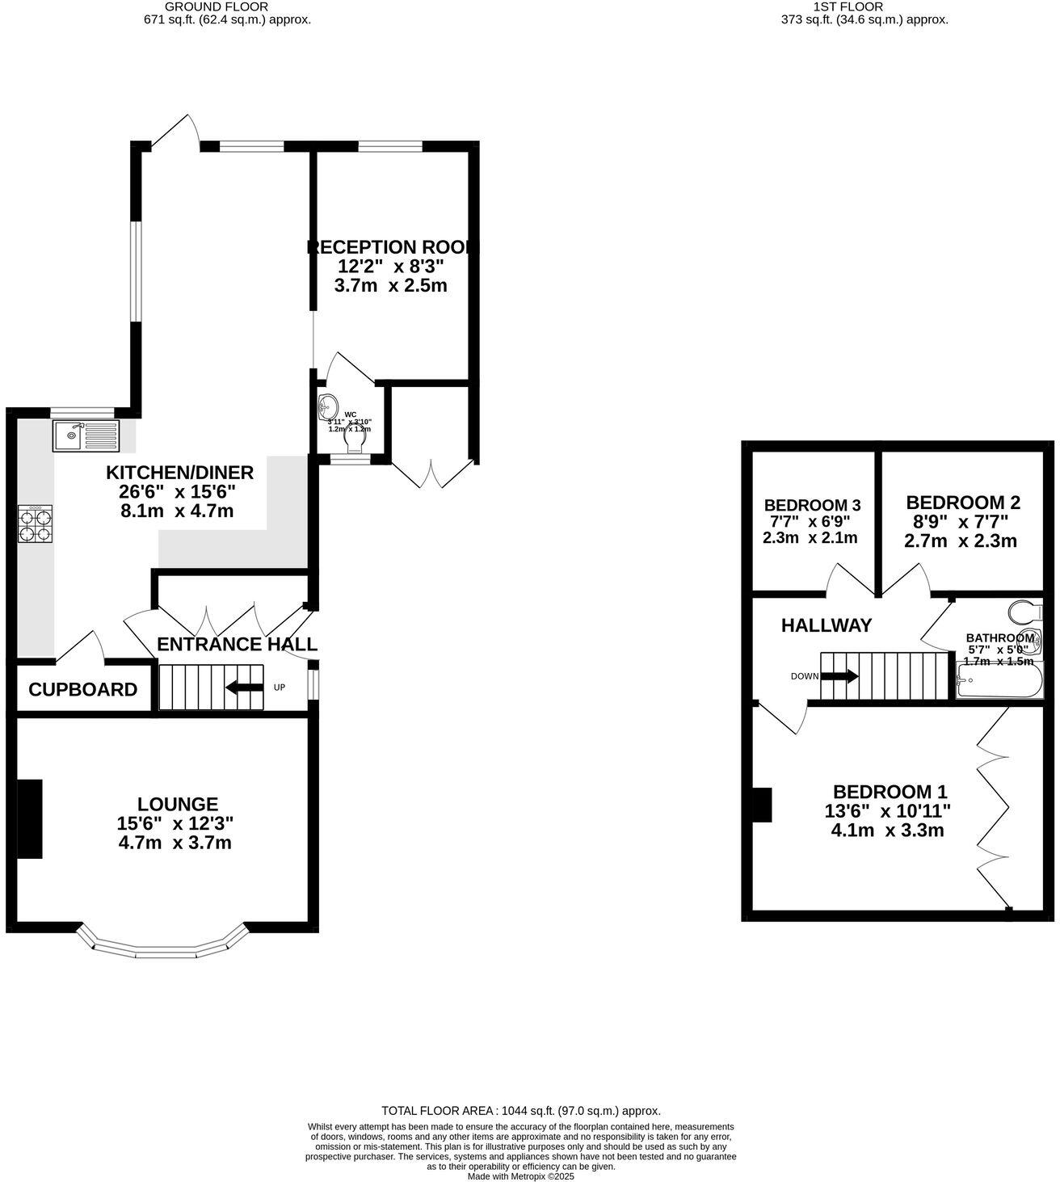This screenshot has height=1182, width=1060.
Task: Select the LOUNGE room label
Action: pos(178,804)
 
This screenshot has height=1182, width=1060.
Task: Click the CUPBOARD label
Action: pos(82,690)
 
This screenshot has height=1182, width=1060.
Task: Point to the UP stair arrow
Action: pos(244,688)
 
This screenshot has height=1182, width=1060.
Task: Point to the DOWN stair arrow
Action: pos(840,676)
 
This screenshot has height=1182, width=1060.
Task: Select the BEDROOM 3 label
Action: pos(812,506)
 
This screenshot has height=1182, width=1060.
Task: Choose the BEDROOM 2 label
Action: pos(963,503)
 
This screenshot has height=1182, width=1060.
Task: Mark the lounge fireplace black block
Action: pos(30,818)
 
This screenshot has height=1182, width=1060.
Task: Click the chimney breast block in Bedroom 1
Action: pos(762,805)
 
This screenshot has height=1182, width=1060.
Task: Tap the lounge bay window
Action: pos(162,945)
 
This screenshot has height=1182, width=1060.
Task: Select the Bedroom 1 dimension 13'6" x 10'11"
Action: pos(887,811)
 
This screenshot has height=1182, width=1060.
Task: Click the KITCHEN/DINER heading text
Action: pos(180,473)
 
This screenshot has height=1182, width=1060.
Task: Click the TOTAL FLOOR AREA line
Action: pos(520,1111)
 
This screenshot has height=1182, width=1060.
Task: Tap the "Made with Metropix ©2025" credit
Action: pos(520,1176)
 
